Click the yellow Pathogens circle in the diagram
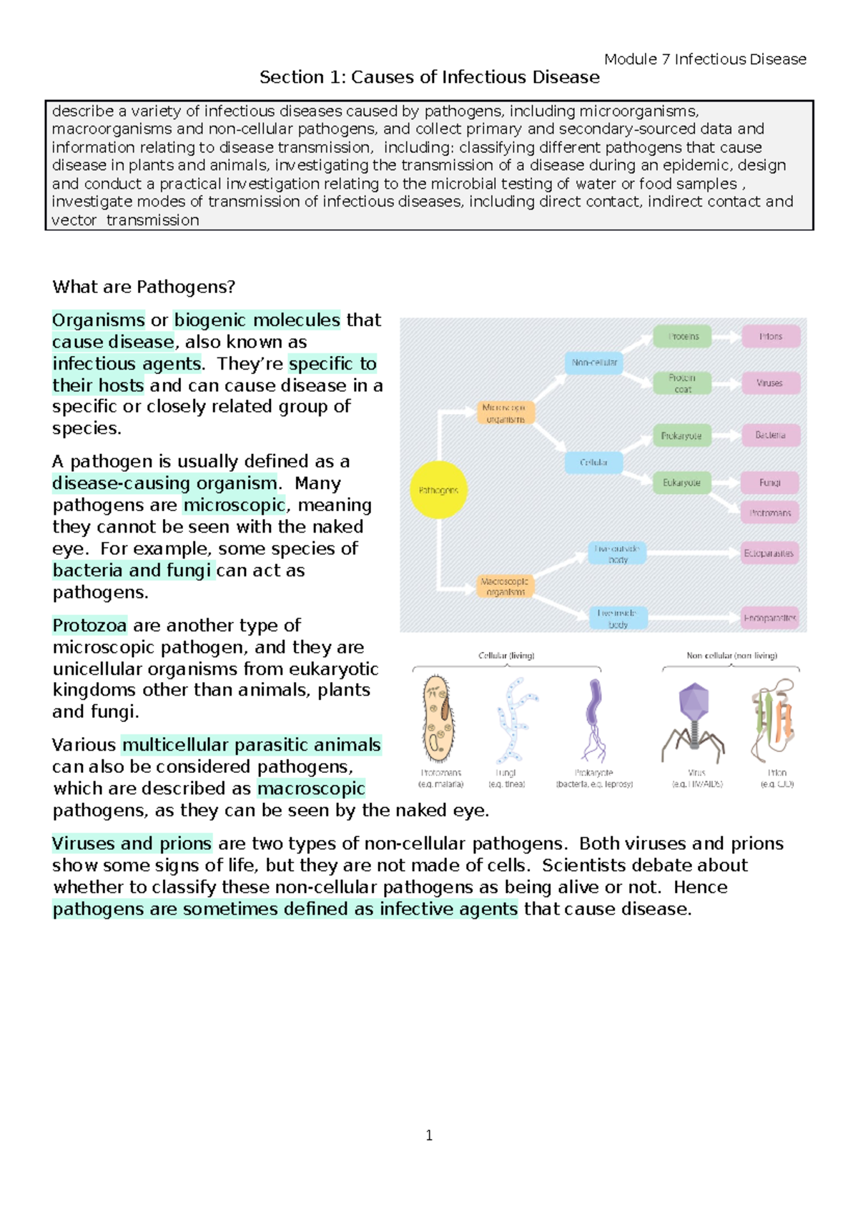point(438,490)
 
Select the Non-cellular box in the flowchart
point(593,362)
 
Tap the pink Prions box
point(770,336)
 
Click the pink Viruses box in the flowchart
point(770,383)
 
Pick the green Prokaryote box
point(681,435)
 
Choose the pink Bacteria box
point(770,435)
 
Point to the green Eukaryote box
point(681,483)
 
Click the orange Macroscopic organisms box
point(505,586)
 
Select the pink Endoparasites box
point(769,618)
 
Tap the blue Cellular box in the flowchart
point(593,463)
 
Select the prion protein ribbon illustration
point(774,719)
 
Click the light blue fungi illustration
point(513,719)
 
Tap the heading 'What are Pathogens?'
point(144,287)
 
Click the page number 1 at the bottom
point(429,1135)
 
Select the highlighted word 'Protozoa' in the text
point(90,626)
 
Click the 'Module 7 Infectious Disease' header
point(705,59)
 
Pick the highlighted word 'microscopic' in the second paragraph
point(235,505)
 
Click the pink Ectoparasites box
point(769,553)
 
